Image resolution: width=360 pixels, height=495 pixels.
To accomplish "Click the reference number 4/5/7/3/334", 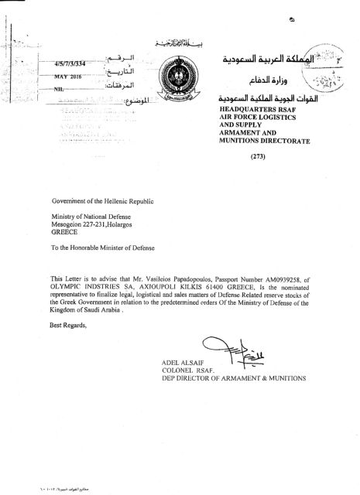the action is [74, 63].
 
